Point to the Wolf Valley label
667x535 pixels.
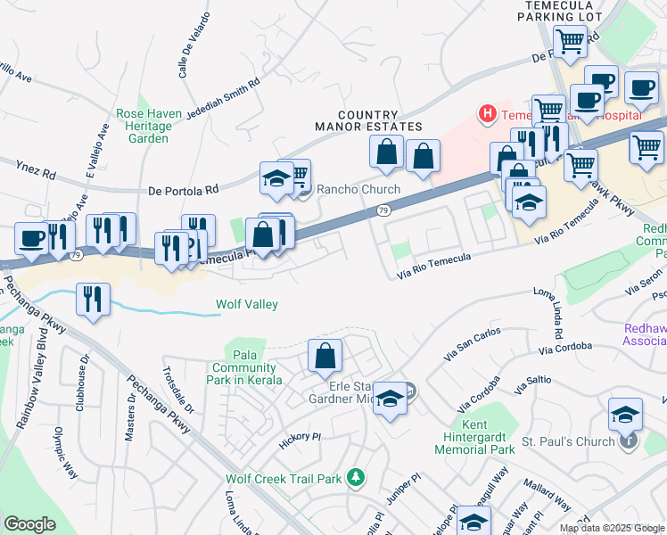click(x=247, y=305)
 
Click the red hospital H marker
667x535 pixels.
click(x=487, y=114)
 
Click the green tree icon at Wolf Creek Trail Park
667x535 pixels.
click(x=356, y=479)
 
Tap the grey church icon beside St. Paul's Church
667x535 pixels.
click(x=630, y=440)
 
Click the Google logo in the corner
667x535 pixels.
click(x=30, y=524)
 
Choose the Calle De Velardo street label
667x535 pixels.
click(x=194, y=46)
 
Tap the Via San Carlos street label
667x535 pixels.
click(x=472, y=342)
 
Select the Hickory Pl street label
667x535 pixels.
click(x=299, y=437)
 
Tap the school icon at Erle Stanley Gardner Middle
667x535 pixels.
click(x=389, y=399)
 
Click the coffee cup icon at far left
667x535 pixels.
click(x=33, y=239)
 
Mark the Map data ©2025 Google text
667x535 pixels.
click(x=610, y=528)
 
